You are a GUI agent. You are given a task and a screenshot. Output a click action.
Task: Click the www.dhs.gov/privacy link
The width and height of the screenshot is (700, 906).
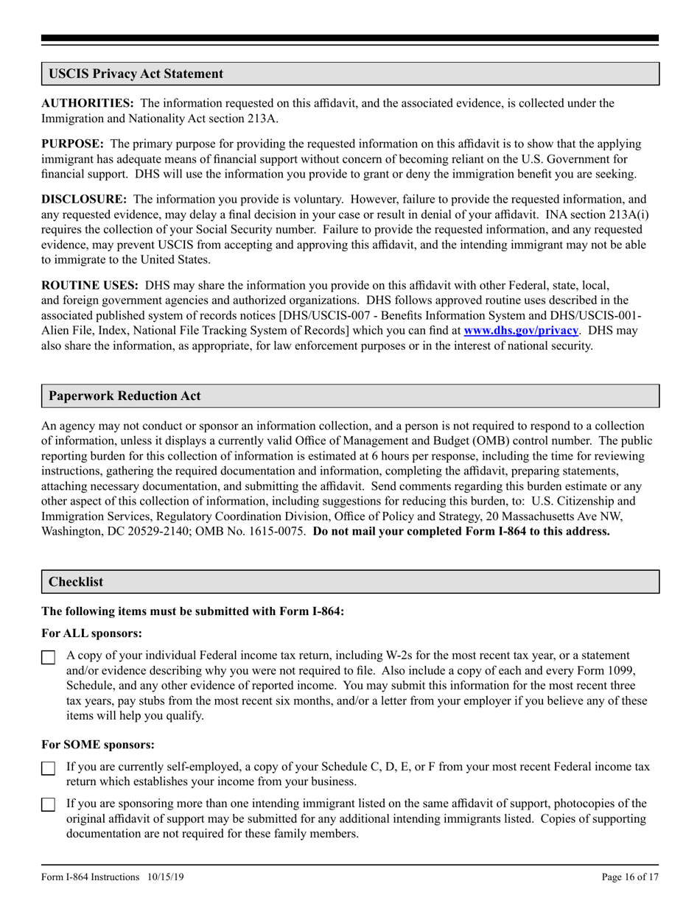click(520, 331)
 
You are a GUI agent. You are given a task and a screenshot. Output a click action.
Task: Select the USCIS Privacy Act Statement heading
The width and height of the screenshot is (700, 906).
click(136, 74)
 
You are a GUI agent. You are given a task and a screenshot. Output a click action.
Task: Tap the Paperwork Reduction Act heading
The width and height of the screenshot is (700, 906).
click(125, 396)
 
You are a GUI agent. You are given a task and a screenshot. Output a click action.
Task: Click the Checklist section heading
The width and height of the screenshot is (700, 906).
click(76, 581)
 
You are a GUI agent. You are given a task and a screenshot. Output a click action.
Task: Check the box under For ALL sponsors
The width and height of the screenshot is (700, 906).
click(48, 657)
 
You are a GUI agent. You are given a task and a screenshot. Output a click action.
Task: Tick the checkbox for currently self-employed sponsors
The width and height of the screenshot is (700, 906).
click(48, 768)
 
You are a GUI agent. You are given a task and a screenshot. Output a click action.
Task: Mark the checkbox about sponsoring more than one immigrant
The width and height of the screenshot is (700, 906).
click(48, 805)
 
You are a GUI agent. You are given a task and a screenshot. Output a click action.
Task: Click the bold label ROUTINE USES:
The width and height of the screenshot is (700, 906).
click(90, 284)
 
